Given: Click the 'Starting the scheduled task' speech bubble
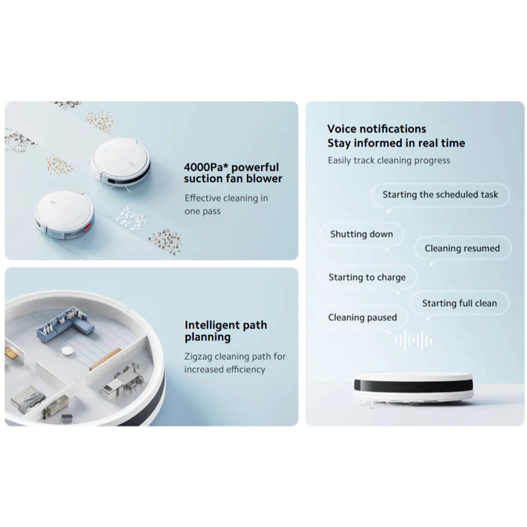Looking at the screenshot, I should pos(440,195).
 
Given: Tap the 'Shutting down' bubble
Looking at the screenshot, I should pos(362,234).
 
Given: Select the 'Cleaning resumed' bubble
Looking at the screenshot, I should pos(462,248).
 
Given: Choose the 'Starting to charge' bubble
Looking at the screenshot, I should pos(367,277).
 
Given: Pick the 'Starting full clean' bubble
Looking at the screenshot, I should pos(459,303).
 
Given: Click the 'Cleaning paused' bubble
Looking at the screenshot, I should pos(362,318).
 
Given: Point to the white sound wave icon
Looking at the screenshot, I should pos(414,341).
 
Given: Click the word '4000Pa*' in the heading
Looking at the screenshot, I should pos(206,168).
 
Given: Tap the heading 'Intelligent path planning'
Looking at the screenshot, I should pos(225,331).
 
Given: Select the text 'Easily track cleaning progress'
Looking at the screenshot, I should pos(389,161).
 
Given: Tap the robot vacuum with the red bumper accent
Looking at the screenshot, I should pos(64,214).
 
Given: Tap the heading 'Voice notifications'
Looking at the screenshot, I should pos(377,129).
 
